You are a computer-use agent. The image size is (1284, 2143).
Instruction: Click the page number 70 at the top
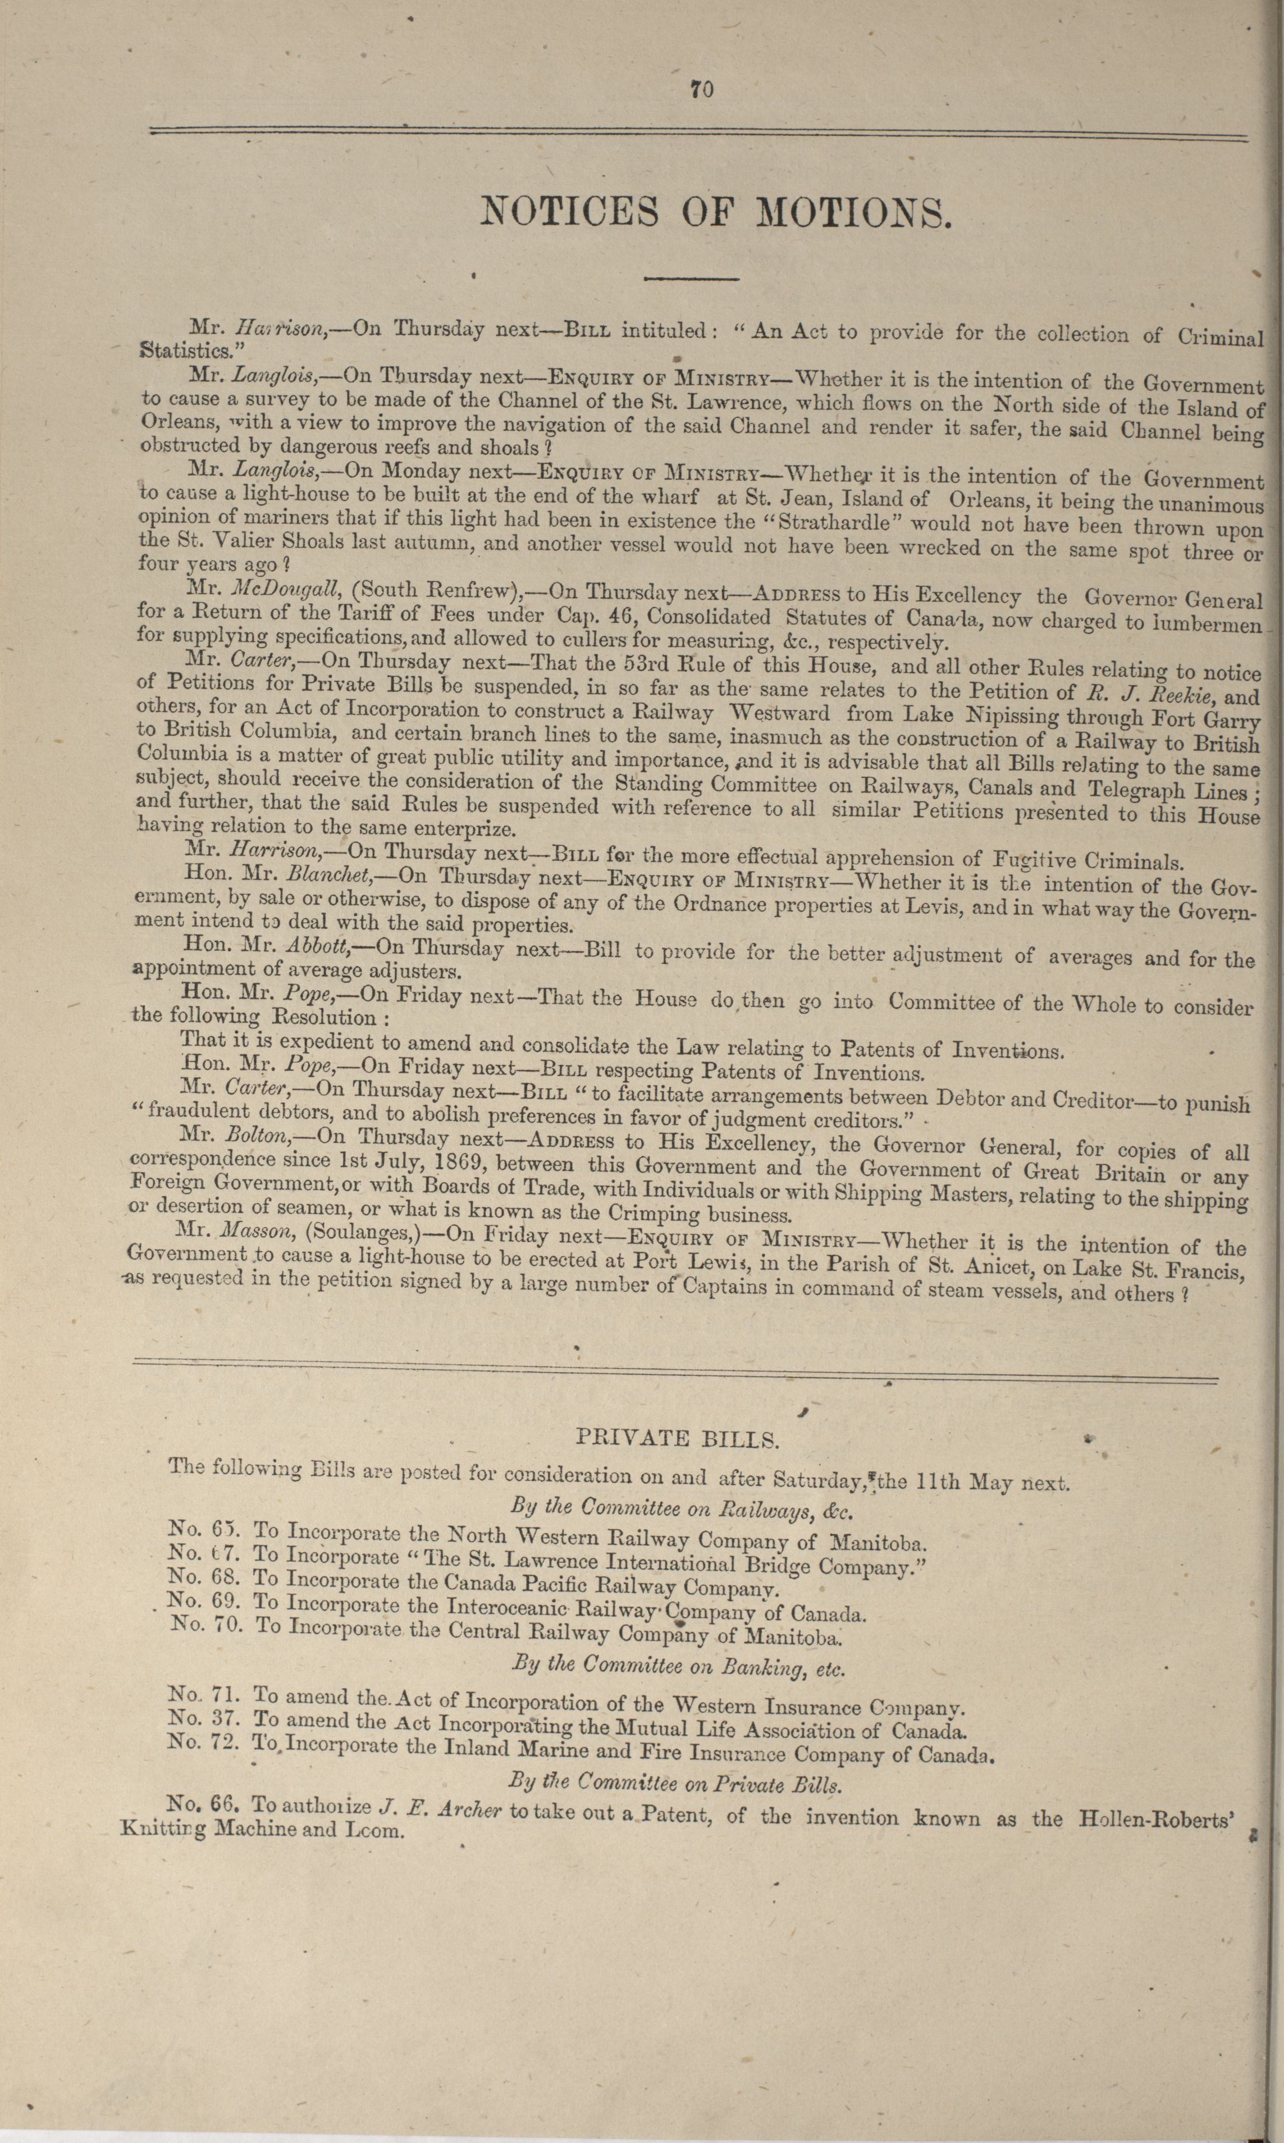(x=702, y=89)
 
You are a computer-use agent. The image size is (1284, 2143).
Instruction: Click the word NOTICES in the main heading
(x=569, y=212)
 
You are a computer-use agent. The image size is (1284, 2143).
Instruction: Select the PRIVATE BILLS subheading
(x=678, y=1438)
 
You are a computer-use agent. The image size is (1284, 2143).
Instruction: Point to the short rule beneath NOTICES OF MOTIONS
(x=691, y=279)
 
